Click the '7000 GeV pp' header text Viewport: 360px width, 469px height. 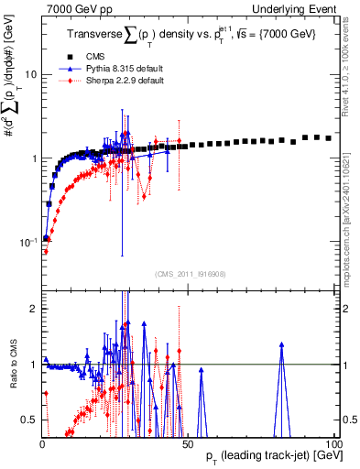[x=73, y=8]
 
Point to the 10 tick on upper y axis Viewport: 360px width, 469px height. [x=31, y=74]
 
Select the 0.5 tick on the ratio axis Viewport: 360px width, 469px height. [x=29, y=420]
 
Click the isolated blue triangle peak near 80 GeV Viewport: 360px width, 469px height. [x=281, y=344]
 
